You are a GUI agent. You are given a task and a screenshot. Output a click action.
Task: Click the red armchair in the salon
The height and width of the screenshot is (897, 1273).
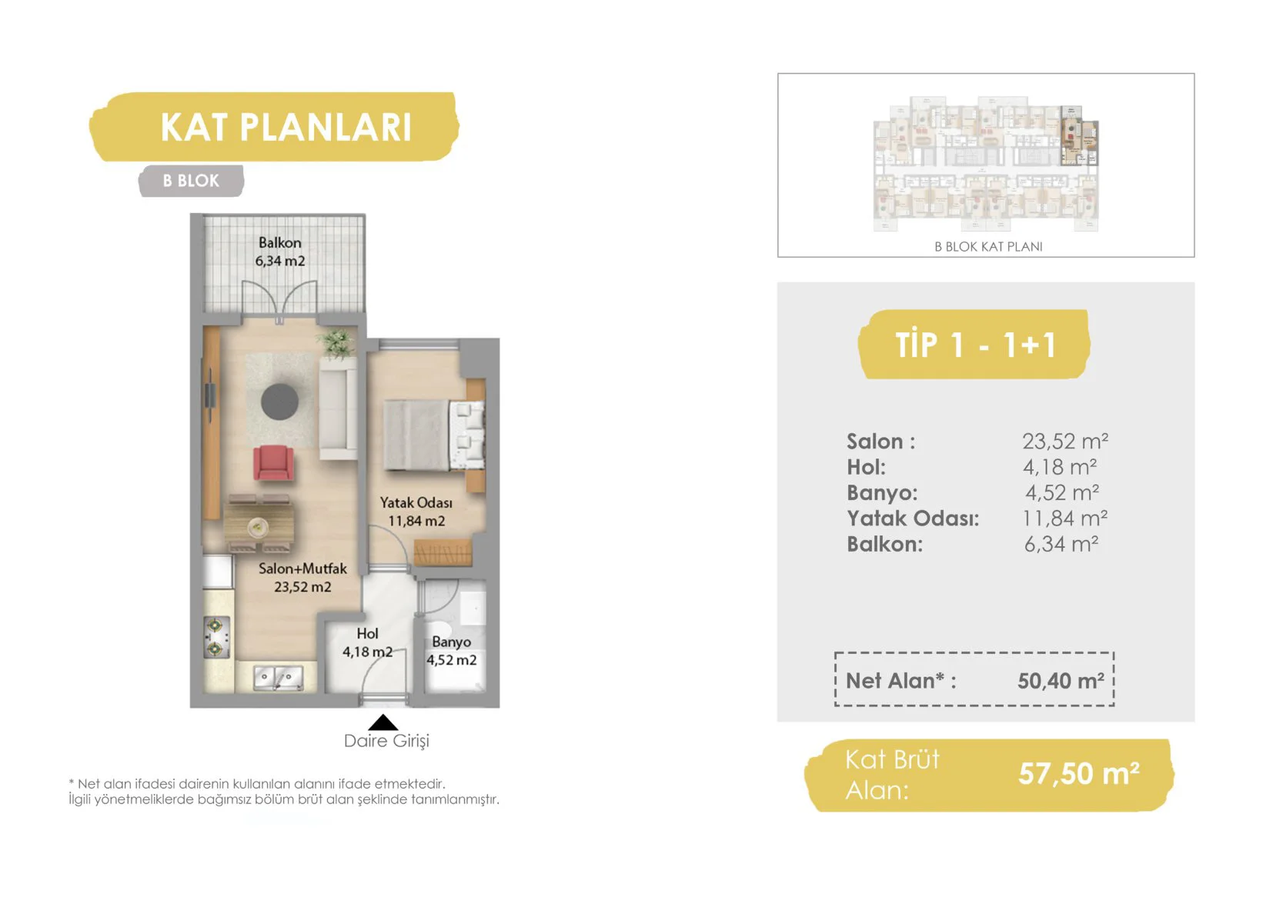pyautogui.click(x=274, y=462)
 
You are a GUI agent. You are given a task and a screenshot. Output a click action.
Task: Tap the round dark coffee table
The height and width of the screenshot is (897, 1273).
pyautogui.click(x=279, y=402)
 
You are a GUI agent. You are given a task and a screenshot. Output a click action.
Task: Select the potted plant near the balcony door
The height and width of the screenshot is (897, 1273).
pyautogui.click(x=336, y=343)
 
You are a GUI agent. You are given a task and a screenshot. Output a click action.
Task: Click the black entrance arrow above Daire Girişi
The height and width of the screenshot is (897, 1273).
pyautogui.click(x=383, y=722)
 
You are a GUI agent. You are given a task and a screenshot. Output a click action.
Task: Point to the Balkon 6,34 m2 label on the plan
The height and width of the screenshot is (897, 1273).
pyautogui.click(x=280, y=252)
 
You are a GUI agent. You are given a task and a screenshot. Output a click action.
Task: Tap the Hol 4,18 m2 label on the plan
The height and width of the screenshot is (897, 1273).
pyautogui.click(x=367, y=642)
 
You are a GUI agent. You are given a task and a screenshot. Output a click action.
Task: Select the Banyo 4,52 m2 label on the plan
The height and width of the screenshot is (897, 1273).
pyautogui.click(x=452, y=651)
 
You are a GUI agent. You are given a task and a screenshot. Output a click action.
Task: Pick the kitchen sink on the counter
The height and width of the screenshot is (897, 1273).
pyautogui.click(x=279, y=678)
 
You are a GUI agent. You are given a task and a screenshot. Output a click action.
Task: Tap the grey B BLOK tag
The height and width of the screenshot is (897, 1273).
pyautogui.click(x=191, y=181)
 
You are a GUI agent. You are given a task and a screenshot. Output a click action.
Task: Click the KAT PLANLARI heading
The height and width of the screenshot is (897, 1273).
pyautogui.click(x=286, y=127)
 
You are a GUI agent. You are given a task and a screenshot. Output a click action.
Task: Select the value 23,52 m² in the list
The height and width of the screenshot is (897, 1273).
pyautogui.click(x=1065, y=441)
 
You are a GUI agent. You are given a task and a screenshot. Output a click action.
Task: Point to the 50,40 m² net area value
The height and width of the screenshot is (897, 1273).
pyautogui.click(x=1061, y=681)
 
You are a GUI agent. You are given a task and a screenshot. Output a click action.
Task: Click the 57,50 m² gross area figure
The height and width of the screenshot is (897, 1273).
pyautogui.click(x=1078, y=773)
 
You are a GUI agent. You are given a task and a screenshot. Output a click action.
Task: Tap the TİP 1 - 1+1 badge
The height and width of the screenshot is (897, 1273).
pyautogui.click(x=974, y=344)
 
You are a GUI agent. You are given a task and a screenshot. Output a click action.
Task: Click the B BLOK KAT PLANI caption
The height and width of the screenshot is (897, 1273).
pyautogui.click(x=988, y=246)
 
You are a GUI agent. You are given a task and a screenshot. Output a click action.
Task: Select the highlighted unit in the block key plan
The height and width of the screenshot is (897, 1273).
pyautogui.click(x=1078, y=135)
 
